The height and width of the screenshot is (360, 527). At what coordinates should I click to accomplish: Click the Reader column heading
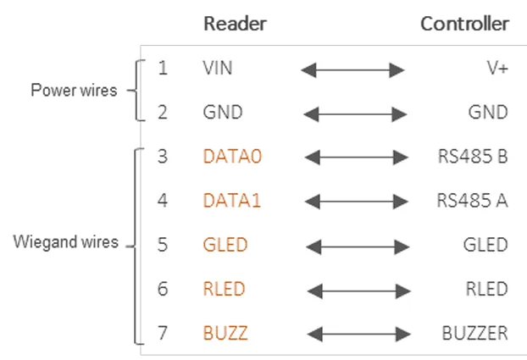(235, 24)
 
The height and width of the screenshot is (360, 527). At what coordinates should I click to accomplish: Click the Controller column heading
(465, 24)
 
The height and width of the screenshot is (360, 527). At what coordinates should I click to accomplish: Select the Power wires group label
(74, 90)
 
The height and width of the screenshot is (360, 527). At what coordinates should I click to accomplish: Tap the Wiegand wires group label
(66, 241)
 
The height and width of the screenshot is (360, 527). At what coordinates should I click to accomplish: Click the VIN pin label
(218, 68)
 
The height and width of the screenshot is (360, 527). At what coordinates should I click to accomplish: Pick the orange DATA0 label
(232, 157)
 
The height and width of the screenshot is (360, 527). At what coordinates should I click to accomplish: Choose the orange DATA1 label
(232, 201)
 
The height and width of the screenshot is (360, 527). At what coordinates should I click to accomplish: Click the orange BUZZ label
(225, 333)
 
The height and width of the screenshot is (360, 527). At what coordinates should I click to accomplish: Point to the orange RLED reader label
(225, 289)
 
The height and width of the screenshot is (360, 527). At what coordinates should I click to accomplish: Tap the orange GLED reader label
(225, 244)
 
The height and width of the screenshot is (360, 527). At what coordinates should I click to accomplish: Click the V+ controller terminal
(497, 68)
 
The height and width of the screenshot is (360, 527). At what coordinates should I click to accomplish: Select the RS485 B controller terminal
(473, 157)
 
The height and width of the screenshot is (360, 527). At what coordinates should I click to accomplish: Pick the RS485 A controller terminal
(472, 201)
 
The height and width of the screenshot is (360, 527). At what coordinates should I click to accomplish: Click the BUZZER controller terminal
(475, 333)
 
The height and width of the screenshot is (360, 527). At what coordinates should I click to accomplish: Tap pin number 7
(163, 333)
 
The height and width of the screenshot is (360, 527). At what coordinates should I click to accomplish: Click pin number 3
(163, 157)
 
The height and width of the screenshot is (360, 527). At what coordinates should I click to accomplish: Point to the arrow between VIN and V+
(353, 70)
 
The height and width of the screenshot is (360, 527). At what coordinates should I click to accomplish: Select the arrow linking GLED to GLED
(358, 247)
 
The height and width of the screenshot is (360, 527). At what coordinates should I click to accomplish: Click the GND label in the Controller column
(488, 112)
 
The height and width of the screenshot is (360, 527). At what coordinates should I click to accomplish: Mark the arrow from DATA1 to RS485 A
(357, 202)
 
